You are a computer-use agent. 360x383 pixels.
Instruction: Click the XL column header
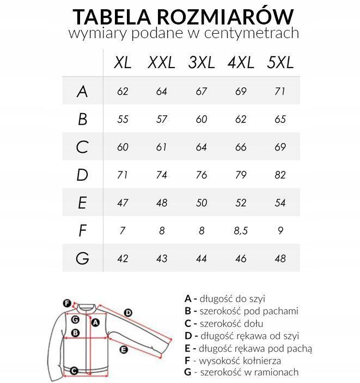click(x=123, y=63)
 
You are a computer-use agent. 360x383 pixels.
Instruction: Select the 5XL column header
click(x=280, y=63)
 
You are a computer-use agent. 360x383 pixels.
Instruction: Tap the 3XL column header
click(x=201, y=63)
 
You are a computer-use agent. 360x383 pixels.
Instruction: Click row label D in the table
click(x=82, y=175)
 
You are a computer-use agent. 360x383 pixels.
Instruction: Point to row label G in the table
click(x=82, y=258)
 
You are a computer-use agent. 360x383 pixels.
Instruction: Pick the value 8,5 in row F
click(x=241, y=231)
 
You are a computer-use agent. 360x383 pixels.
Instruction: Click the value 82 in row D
click(x=280, y=175)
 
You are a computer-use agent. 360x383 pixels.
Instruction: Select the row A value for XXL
click(x=162, y=91)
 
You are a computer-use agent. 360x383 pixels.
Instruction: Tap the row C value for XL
click(x=123, y=147)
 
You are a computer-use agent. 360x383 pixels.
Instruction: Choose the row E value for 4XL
click(x=241, y=203)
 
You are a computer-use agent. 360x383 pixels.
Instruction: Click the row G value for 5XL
click(x=280, y=258)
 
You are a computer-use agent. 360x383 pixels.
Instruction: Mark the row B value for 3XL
click(x=201, y=119)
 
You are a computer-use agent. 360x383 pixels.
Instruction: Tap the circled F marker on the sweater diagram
click(x=67, y=303)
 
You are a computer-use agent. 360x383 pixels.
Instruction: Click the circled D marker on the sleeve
click(x=128, y=312)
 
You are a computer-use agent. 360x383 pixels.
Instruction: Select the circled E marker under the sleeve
click(x=124, y=349)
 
